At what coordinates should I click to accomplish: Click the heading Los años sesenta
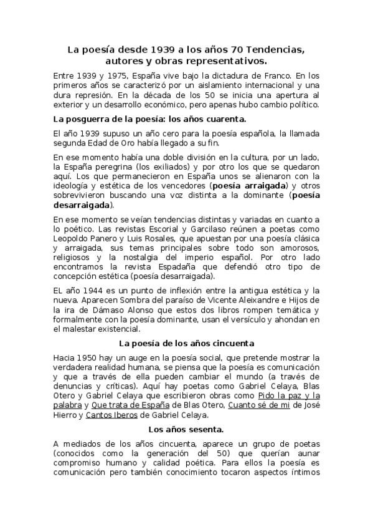pyautogui.click(x=186, y=429)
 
